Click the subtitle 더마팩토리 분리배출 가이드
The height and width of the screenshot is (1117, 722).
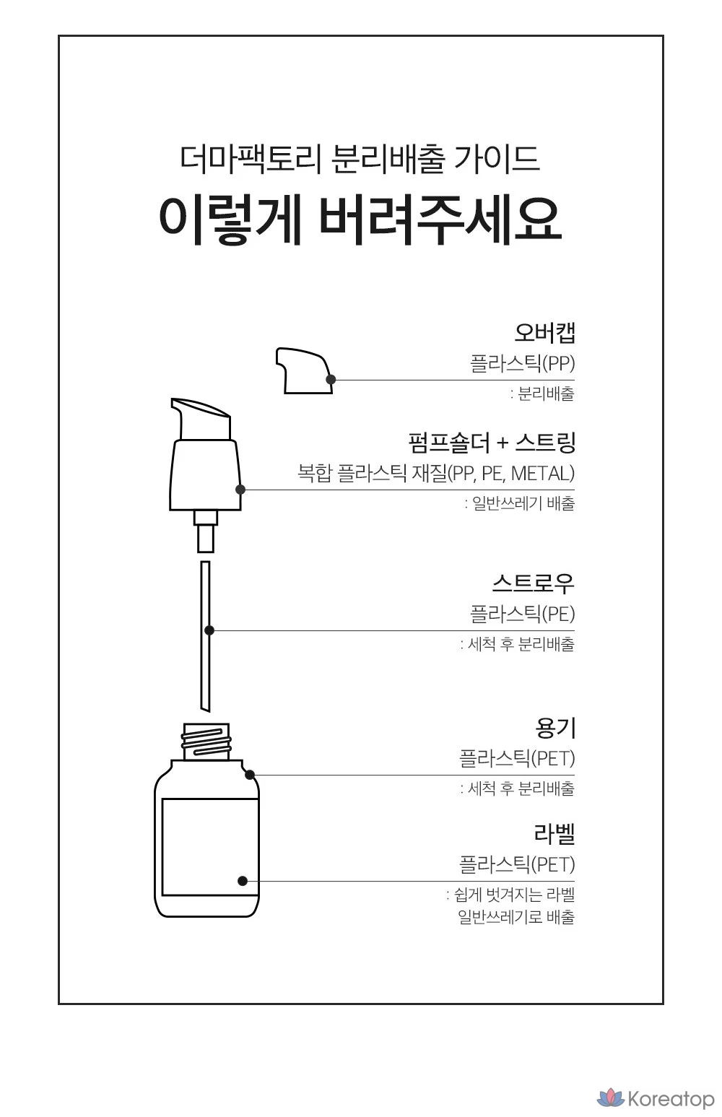pyautogui.click(x=360, y=160)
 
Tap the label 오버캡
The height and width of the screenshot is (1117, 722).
pyautogui.click(x=545, y=333)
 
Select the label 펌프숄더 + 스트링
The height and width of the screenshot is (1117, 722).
pyautogui.click(x=492, y=443)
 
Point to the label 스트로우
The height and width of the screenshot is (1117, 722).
pyautogui.click(x=534, y=583)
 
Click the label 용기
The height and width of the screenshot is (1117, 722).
pyautogui.click(x=555, y=729)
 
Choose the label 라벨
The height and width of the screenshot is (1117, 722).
pyautogui.click(x=554, y=833)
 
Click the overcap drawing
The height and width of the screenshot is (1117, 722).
pyautogui.click(x=304, y=370)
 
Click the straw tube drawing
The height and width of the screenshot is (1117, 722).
pyautogui.click(x=205, y=636)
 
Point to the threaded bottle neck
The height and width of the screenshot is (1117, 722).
pyautogui.click(x=206, y=742)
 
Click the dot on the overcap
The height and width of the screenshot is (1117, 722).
pyautogui.click(x=331, y=380)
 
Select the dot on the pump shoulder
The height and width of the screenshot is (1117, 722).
pyautogui.click(x=240, y=490)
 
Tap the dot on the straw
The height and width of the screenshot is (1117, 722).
pyautogui.click(x=209, y=630)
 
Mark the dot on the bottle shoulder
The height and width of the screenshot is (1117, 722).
pyautogui.click(x=250, y=775)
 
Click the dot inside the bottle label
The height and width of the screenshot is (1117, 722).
pyautogui.click(x=243, y=881)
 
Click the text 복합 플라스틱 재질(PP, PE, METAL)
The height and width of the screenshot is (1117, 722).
pyautogui.click(x=436, y=473)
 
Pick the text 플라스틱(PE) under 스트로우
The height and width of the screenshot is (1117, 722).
pyautogui.click(x=523, y=614)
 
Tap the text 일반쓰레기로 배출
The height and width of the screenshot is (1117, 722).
pyautogui.click(x=516, y=916)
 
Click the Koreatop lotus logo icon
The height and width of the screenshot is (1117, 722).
pyautogui.click(x=611, y=1098)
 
